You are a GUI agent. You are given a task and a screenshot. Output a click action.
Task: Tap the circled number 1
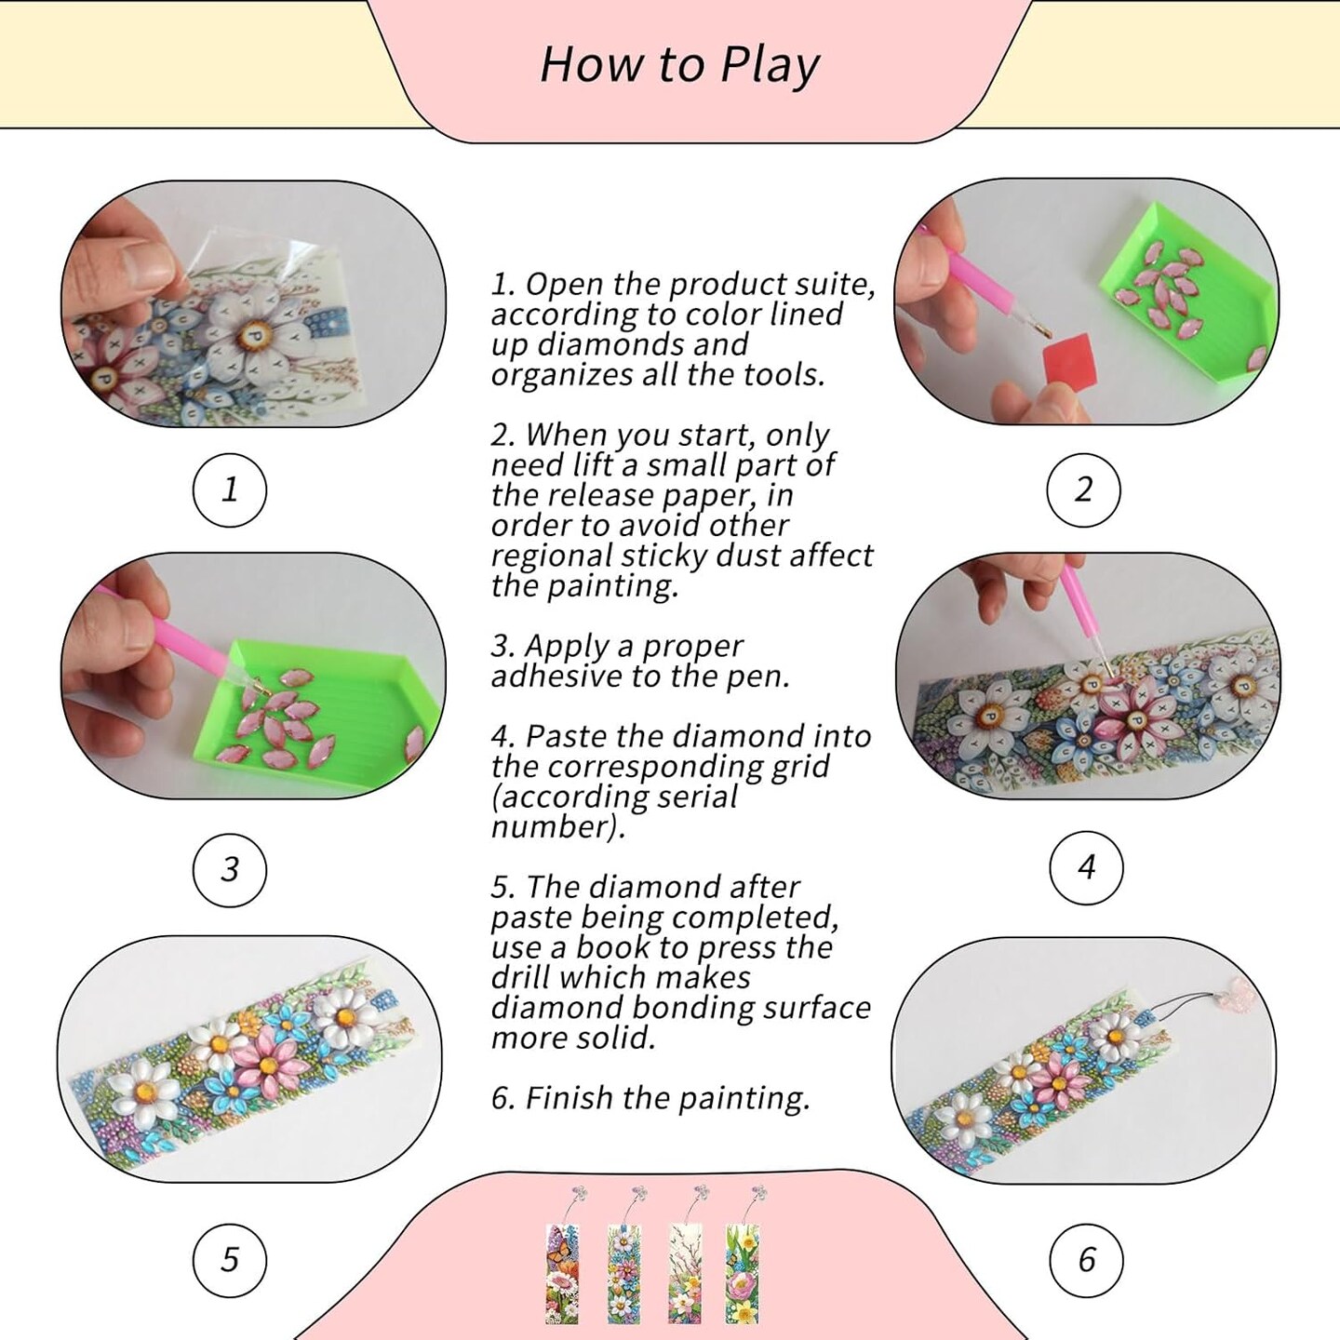tap(230, 490)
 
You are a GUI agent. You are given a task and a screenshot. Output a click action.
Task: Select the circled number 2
tap(1083, 490)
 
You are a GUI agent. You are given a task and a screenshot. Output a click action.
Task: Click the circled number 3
tap(230, 870)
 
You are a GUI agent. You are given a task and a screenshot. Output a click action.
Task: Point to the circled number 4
tap(1086, 868)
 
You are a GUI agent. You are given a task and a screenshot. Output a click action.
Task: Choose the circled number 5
tap(230, 1260)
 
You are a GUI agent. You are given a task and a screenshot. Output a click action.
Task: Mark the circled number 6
tap(1086, 1260)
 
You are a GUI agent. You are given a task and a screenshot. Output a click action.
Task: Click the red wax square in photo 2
tap(1069, 362)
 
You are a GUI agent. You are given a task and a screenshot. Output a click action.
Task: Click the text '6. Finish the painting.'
tap(650, 1099)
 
